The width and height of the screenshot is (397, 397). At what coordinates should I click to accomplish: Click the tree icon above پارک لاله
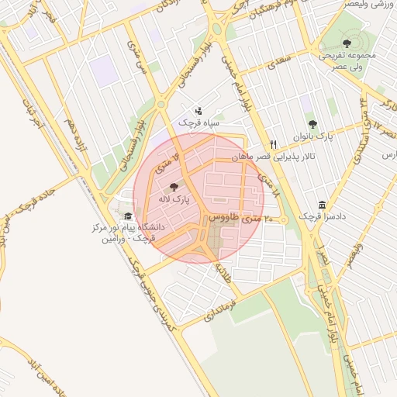(173, 186)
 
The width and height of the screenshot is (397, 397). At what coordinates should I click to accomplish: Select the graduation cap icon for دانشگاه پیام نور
(127, 216)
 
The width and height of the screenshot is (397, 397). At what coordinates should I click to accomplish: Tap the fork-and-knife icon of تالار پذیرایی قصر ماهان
(273, 144)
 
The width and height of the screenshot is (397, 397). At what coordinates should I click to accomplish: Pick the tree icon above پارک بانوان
(313, 123)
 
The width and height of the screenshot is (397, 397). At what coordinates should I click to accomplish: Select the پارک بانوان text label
(313, 136)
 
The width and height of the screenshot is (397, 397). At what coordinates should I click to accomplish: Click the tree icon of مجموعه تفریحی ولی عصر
(347, 43)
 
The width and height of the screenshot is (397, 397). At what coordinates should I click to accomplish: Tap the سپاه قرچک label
(199, 123)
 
